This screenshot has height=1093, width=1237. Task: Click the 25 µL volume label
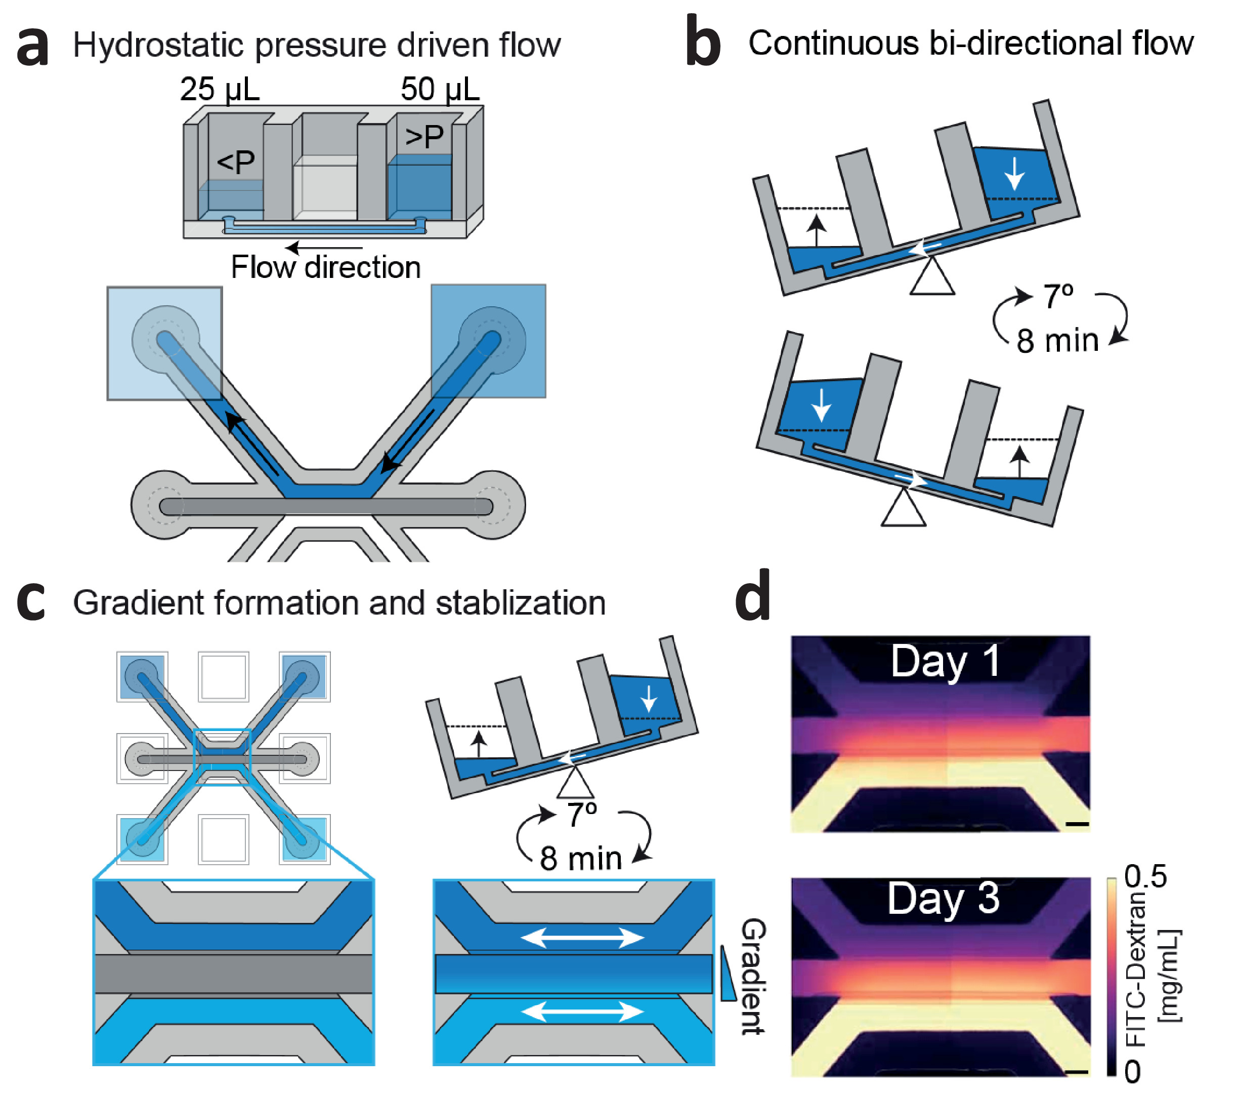[220, 90]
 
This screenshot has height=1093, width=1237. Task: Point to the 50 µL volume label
[440, 90]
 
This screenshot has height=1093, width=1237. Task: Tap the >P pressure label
[424, 136]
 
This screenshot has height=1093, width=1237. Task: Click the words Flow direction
[326, 267]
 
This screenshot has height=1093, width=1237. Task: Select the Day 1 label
[945, 661]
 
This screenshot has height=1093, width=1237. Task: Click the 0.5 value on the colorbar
[1145, 876]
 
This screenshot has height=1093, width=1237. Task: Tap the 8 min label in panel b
[1057, 340]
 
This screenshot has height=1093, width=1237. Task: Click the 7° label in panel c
[582, 815]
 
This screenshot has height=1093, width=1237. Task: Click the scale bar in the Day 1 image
[1077, 824]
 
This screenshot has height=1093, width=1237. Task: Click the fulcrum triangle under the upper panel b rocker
[932, 276]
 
